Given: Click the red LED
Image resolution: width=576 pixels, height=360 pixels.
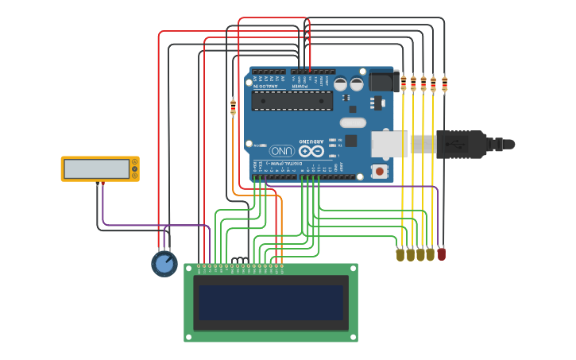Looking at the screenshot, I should [x=442, y=254].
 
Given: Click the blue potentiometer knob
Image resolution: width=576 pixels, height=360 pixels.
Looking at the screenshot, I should [x=164, y=264].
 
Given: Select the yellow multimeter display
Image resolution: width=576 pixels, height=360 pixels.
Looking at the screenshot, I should [x=96, y=168].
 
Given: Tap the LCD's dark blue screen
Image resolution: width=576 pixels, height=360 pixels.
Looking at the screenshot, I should [x=271, y=303].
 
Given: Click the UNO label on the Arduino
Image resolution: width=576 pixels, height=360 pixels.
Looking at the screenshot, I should [x=281, y=150].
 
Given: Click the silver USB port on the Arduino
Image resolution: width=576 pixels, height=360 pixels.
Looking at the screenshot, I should [x=390, y=143].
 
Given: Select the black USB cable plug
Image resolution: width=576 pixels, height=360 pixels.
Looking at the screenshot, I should [x=461, y=144].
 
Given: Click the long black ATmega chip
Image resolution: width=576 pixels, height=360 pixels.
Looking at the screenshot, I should [x=292, y=100].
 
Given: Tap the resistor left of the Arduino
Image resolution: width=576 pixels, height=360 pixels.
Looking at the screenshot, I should [x=233, y=107].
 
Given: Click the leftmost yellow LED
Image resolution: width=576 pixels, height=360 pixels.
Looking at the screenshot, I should [x=400, y=254].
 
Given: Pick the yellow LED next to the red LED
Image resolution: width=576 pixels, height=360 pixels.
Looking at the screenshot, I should [x=431, y=254].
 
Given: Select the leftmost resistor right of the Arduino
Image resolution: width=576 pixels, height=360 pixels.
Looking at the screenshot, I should [x=404, y=83].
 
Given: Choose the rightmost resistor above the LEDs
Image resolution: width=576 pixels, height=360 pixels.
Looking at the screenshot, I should [x=444, y=83].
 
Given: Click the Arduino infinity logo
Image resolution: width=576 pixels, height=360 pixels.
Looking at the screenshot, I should [x=311, y=150].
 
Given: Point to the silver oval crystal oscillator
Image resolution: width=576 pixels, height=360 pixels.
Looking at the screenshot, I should [x=353, y=122].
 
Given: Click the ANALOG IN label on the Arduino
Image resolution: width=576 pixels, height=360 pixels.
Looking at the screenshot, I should [x=268, y=86].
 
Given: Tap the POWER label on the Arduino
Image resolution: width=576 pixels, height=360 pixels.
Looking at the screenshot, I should [x=311, y=86].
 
